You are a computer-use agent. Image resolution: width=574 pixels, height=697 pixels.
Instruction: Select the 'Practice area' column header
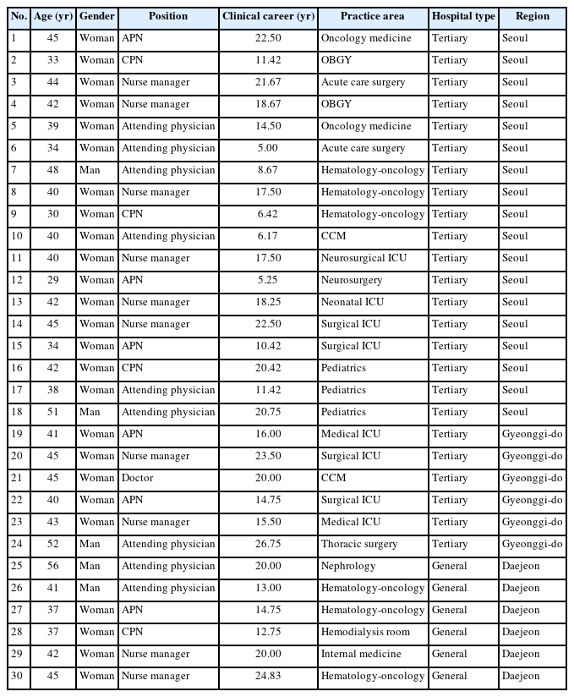pos(372,16)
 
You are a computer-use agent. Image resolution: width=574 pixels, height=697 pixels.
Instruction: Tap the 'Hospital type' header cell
pos(462,16)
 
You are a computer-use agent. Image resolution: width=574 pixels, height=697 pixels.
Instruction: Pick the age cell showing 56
pos(53,566)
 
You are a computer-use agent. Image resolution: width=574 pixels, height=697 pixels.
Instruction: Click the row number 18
pos(17,412)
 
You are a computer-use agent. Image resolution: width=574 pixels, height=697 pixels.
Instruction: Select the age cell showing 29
pos(53,280)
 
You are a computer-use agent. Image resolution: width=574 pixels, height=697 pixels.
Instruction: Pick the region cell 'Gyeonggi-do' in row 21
pos(532,478)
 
